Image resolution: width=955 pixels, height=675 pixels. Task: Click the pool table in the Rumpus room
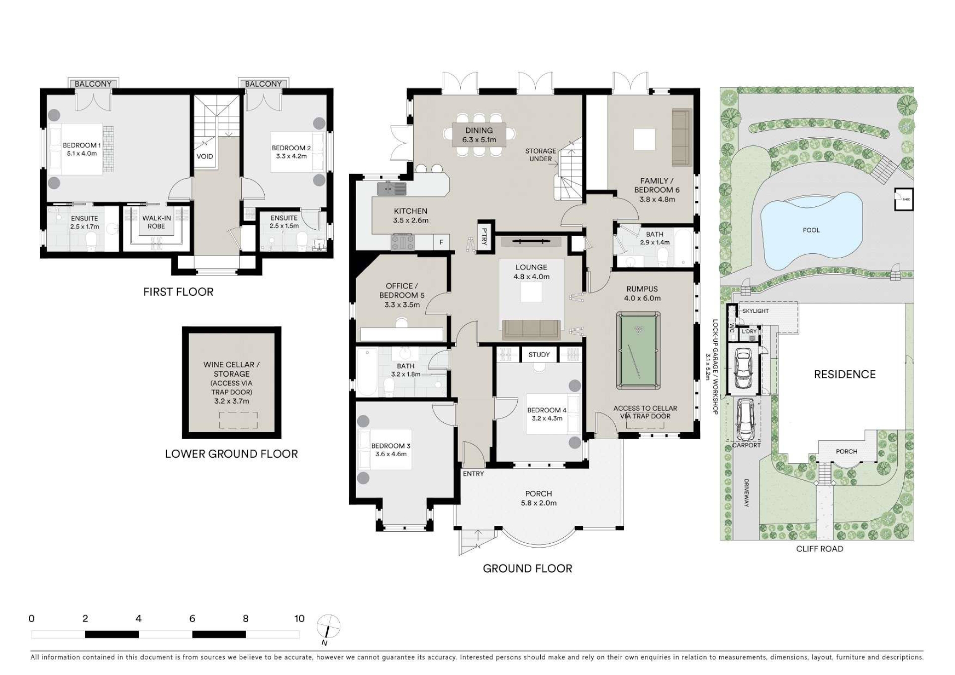(639, 350)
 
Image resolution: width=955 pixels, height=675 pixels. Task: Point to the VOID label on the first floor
(205, 156)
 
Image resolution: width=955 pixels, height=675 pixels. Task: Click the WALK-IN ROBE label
(156, 222)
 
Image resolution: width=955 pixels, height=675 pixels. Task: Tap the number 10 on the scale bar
(299, 618)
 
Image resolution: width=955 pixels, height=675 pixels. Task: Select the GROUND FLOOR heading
(527, 568)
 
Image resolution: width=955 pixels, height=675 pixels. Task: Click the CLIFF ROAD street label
(819, 549)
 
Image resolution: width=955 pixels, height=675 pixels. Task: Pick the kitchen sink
(391, 189)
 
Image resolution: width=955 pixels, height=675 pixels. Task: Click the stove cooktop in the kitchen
(402, 242)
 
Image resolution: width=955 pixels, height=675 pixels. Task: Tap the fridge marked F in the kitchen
(441, 242)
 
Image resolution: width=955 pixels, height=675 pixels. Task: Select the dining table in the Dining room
(479, 135)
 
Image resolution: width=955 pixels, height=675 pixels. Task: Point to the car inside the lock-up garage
(743, 369)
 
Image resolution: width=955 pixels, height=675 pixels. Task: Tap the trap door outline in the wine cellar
(239, 420)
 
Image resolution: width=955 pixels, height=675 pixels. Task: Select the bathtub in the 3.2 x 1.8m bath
(367, 372)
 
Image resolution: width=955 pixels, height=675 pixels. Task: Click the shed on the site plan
(904, 199)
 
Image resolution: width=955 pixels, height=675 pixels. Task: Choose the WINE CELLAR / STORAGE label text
(231, 369)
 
